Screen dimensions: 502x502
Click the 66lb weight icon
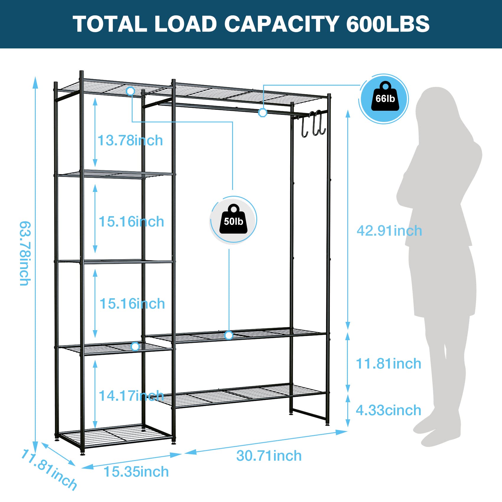pos(385,98)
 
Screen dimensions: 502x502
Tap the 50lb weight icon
pos(233,220)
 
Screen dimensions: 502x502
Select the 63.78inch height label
pos(25,253)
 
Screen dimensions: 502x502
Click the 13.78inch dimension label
pos(130,140)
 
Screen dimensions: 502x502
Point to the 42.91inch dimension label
pos(389,231)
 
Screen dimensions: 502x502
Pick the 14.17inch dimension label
pos(131,396)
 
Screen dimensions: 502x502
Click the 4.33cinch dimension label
pos(388,410)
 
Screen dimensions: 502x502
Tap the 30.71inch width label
pos(269,456)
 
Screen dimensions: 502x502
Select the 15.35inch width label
pos(136,472)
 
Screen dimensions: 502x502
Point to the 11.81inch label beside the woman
pos(388,364)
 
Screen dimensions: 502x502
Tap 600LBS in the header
pos(388,24)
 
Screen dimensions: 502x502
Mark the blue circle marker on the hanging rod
pos(263,113)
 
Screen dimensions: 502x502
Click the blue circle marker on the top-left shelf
pos(130,91)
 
